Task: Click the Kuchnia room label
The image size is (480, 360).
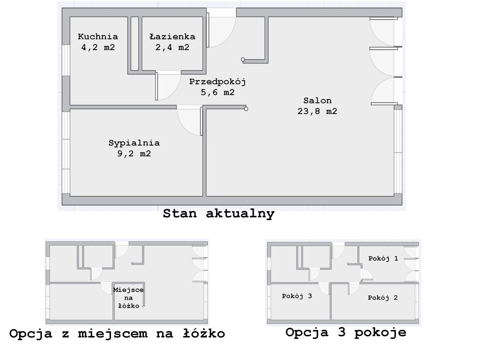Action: pos(98,36)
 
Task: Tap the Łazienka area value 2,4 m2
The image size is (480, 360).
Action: pos(172,47)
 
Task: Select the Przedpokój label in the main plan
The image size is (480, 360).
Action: pos(217,81)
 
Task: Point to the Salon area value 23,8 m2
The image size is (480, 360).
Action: pos(317,111)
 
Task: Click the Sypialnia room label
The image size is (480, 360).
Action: pos(134,143)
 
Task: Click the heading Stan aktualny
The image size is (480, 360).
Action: pos(219,214)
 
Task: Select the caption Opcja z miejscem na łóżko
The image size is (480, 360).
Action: pos(117,333)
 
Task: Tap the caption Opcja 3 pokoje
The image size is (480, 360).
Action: pos(346,332)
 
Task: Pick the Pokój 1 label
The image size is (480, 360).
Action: pos(383,258)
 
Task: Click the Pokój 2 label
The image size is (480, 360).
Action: pos(382,298)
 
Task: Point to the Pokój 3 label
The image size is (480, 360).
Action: pos(297,296)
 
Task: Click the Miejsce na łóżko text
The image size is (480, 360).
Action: pos(128,298)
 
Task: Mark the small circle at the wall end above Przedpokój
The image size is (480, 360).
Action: pos(243,60)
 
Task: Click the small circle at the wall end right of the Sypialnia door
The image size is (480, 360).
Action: pos(246,109)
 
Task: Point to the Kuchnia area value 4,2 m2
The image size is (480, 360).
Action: pos(98,47)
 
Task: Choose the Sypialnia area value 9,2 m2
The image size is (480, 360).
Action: pos(134,154)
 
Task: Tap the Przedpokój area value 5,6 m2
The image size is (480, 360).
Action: pos(217,92)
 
